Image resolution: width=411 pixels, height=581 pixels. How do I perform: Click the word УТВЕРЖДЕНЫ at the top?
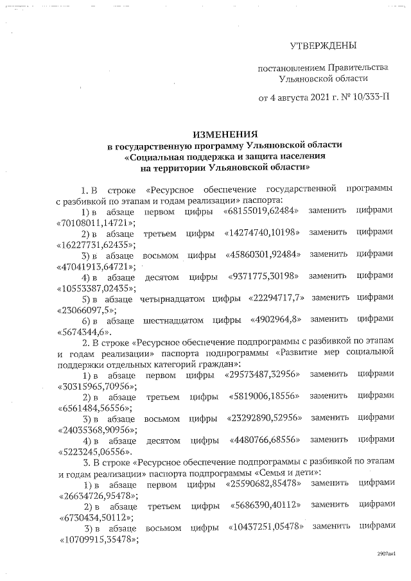pos(323,46)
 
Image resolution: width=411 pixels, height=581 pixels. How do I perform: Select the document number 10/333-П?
pos(370,98)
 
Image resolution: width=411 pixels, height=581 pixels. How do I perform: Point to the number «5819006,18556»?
pos(264,397)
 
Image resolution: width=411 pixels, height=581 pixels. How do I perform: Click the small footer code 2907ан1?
pos(387,553)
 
